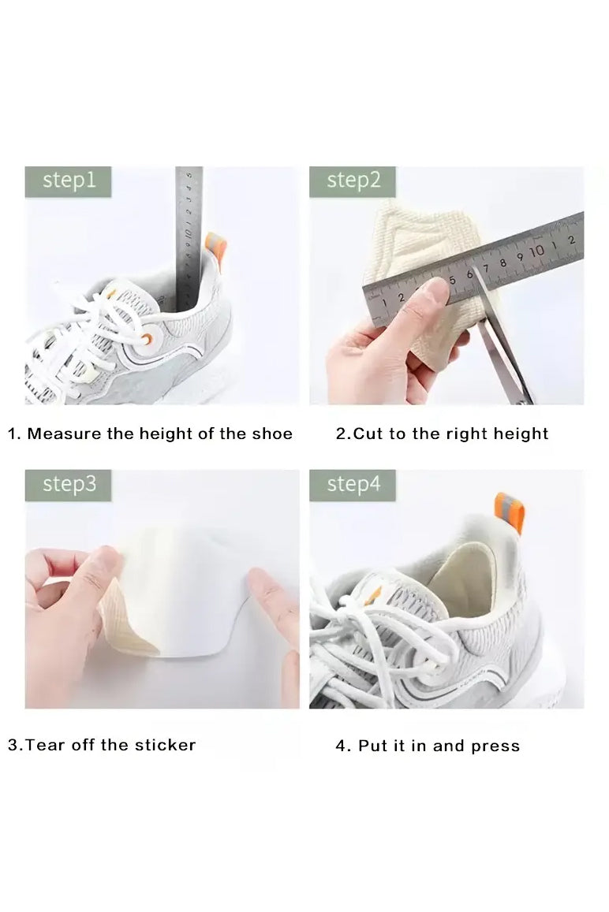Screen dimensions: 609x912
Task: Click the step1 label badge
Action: tap(68, 181)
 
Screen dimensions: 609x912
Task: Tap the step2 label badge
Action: tap(353, 181)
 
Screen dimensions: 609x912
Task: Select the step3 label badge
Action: tap(68, 485)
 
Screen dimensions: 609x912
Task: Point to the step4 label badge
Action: tap(353, 485)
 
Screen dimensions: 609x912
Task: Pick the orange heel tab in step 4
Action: tap(510, 512)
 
